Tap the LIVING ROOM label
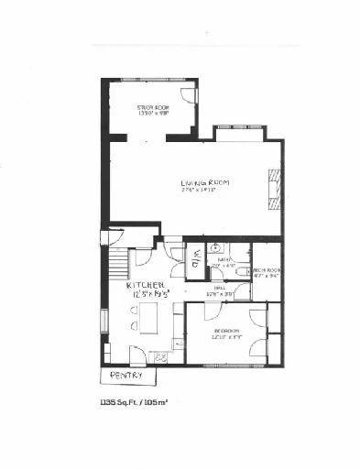[204, 183]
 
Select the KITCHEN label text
[147, 285]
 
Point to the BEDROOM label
[226, 330]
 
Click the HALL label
[220, 288]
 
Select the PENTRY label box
[125, 375]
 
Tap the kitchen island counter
[148, 321]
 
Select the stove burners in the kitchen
[164, 355]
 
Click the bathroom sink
[214, 247]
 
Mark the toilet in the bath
[240, 272]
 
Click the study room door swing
[186, 96]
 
